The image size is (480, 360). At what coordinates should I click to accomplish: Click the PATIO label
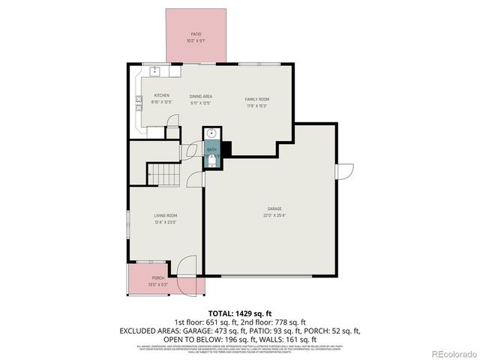[196, 34]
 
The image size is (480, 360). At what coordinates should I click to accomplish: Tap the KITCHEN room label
[161, 95]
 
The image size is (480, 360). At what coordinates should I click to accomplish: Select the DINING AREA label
[200, 96]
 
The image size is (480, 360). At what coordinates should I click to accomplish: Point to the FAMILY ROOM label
[257, 99]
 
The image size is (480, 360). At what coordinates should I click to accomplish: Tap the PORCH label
[158, 278]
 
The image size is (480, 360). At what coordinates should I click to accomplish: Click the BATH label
[211, 149]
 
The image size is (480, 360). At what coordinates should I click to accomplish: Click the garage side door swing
[346, 172]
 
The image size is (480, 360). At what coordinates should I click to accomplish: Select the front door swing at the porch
[185, 267]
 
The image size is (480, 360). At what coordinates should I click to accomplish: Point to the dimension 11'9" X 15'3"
[257, 106]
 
